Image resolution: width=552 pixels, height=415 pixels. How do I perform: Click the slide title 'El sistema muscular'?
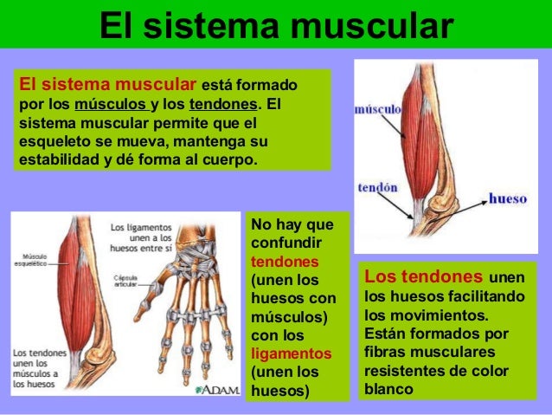[x=276, y=25]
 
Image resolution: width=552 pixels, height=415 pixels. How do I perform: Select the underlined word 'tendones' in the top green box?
[x=222, y=106]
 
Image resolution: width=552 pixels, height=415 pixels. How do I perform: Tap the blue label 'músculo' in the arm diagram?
[x=378, y=111]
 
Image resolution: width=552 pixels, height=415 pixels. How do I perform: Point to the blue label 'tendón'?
[x=377, y=188]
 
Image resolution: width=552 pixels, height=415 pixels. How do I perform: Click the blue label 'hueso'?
[x=507, y=198]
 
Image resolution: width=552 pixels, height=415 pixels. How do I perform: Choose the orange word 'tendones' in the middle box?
[x=279, y=262]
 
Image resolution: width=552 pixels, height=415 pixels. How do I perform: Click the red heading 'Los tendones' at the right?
[x=423, y=277]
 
